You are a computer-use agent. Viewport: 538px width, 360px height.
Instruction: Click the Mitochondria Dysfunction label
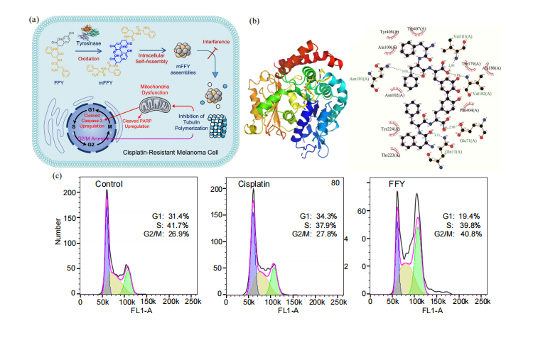click(x=158, y=88)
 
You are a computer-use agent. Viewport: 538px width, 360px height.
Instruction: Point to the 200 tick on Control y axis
click(x=69, y=192)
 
